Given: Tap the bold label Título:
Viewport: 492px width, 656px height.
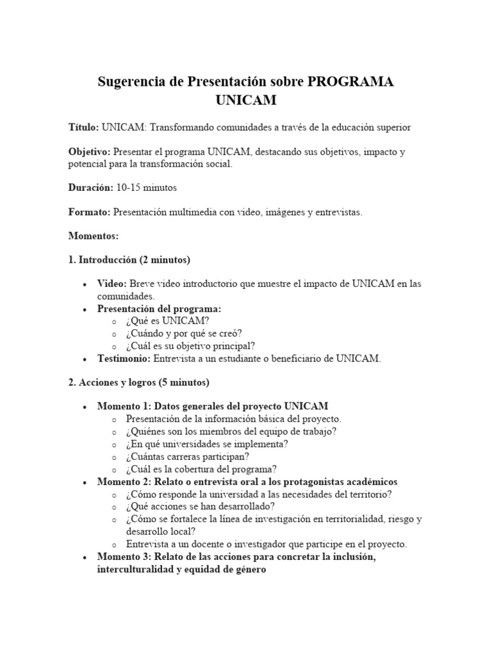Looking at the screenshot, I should tap(83, 127).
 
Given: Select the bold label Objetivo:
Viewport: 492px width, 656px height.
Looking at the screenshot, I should tap(90, 151).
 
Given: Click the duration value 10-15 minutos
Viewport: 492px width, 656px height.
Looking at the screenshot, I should tap(146, 188).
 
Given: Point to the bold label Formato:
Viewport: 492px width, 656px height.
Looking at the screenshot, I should tap(89, 212).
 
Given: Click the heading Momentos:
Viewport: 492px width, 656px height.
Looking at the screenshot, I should tap(94, 236).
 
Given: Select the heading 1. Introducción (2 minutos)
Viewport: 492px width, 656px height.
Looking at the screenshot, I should tap(129, 260).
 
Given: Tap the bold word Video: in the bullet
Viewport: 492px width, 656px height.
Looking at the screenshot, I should tap(112, 284).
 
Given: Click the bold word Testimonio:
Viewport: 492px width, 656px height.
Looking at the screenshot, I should tap(124, 358).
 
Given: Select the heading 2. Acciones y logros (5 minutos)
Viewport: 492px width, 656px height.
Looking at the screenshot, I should tap(138, 382).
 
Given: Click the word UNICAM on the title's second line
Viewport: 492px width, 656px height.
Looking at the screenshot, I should tap(246, 101).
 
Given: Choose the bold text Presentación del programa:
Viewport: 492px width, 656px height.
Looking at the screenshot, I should tap(159, 308).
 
